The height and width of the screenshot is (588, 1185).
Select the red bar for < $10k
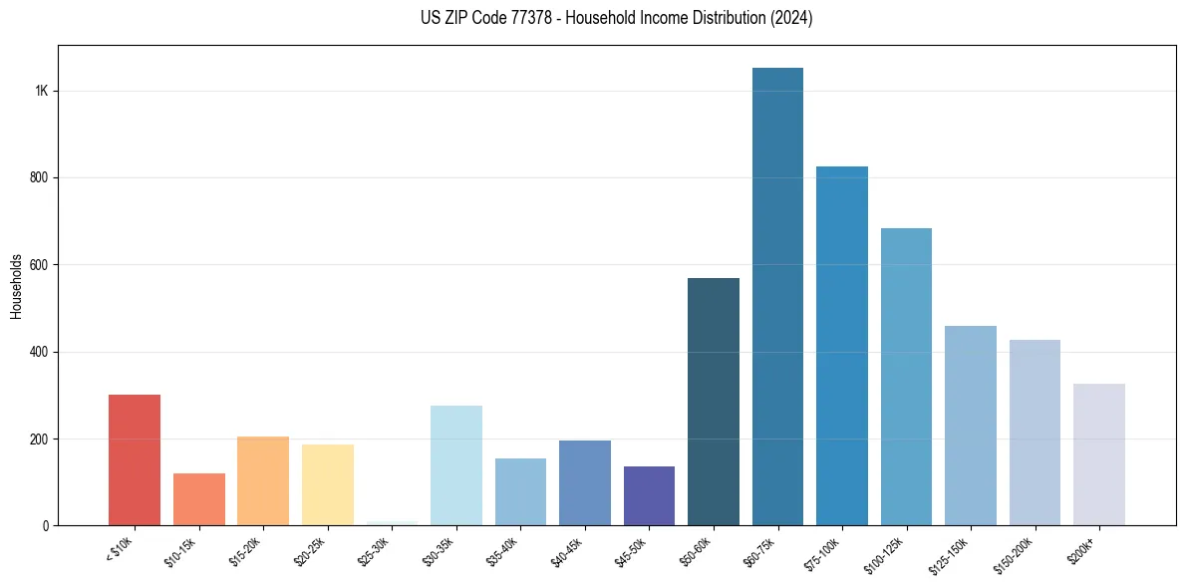[x=135, y=460]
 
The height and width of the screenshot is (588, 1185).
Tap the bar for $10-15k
[x=198, y=499]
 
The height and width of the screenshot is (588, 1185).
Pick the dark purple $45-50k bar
[x=649, y=496]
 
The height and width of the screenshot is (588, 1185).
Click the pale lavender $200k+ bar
[x=1099, y=454]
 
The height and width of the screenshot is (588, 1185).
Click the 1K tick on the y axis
[x=41, y=91]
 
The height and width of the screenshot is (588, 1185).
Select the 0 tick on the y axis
[x=46, y=525]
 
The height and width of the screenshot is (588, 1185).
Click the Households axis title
[x=16, y=286]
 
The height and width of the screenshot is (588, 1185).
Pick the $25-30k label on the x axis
[x=373, y=550]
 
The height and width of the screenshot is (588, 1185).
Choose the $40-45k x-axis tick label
[x=566, y=550]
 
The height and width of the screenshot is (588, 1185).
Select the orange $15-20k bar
[x=263, y=481]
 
